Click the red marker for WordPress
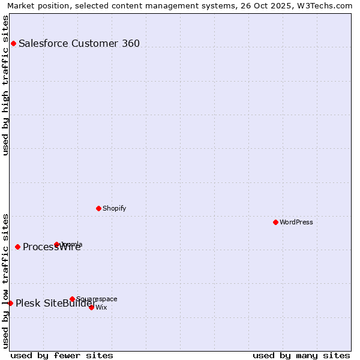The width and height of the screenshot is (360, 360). (275, 222)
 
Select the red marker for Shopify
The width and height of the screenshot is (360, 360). (98, 208)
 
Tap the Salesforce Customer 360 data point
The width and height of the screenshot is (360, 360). (13, 43)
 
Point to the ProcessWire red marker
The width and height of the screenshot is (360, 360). (17, 247)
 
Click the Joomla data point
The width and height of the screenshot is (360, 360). (57, 244)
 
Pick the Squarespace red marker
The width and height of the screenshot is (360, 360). (72, 299)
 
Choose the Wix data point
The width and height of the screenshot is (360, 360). (91, 307)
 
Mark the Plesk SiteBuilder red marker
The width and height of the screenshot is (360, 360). (10, 303)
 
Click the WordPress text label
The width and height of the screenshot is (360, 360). (296, 222)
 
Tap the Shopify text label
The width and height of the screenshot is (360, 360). (114, 208)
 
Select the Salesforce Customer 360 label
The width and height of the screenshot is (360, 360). (79, 43)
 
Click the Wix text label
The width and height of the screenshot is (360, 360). (101, 307)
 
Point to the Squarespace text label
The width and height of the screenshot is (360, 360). (97, 299)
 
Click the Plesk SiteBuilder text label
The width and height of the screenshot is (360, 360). (56, 303)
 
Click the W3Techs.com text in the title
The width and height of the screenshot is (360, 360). (327, 5)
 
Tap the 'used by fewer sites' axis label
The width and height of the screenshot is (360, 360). (62, 355)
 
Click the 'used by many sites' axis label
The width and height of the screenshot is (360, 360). (301, 355)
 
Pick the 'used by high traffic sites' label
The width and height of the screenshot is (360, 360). (5, 85)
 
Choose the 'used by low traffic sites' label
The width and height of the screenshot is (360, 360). (5, 280)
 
